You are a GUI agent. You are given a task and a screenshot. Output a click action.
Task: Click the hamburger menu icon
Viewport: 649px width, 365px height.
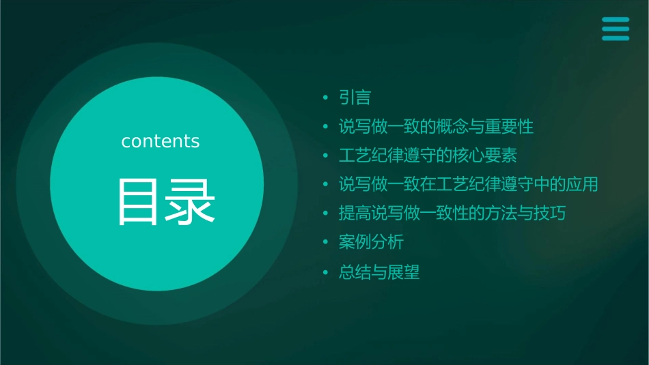(615, 29)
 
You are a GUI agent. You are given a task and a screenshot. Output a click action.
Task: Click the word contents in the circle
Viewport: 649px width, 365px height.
(161, 141)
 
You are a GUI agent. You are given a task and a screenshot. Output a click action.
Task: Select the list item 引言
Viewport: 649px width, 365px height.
(355, 98)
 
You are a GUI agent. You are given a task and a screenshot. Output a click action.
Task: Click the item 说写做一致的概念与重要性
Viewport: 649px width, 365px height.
(436, 127)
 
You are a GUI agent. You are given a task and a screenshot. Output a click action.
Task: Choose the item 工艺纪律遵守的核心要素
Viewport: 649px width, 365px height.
(428, 156)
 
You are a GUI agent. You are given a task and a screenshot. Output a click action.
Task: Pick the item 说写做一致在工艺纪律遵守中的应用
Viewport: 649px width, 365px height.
(469, 184)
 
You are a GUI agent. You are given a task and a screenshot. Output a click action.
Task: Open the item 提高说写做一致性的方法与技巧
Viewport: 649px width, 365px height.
(452, 214)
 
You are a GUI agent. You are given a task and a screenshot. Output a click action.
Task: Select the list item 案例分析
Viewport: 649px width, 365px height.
(371, 242)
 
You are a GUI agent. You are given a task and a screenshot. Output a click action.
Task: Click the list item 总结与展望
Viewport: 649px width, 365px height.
(379, 273)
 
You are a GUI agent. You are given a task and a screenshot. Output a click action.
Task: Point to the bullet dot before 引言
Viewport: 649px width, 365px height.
(326, 99)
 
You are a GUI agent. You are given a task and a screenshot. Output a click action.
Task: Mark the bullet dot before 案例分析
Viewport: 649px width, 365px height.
(326, 243)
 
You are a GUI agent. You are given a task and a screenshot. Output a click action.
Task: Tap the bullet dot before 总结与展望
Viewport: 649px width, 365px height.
(326, 274)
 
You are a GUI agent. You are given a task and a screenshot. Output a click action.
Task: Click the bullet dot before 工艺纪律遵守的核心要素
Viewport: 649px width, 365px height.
(326, 156)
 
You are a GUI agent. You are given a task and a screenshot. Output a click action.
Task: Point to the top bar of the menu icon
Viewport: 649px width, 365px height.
(615, 20)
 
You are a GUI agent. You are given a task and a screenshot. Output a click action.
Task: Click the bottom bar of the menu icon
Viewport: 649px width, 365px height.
(615, 38)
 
